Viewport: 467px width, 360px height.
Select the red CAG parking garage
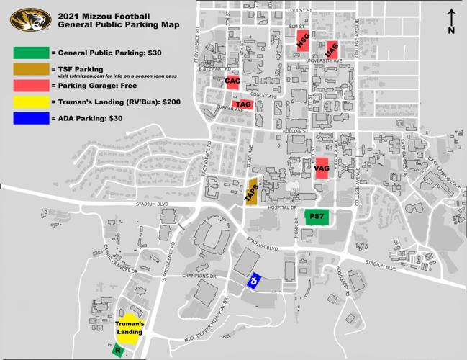coord(232,81)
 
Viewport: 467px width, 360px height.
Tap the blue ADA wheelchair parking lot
coord(253,281)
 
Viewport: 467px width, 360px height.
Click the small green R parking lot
coord(118,351)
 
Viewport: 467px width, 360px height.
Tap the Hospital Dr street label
coord(284,207)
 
